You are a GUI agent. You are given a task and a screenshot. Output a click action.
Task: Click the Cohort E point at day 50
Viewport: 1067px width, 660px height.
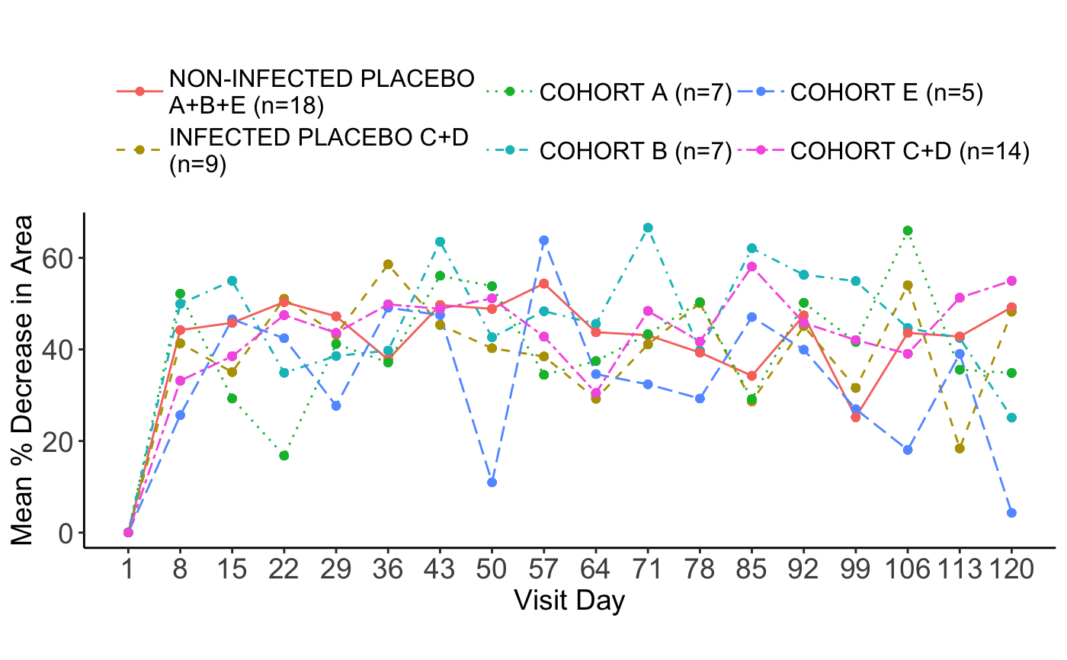tap(492, 482)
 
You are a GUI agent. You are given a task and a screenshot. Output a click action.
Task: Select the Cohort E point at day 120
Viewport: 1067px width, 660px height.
tap(1011, 513)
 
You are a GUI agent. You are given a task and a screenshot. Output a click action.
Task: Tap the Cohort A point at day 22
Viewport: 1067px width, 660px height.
tap(284, 456)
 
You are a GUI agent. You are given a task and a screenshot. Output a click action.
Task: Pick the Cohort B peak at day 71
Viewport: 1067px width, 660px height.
tap(648, 228)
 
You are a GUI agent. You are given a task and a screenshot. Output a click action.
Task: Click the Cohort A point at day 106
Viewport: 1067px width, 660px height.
tap(908, 230)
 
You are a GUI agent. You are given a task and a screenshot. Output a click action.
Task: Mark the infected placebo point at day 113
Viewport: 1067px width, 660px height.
tap(960, 448)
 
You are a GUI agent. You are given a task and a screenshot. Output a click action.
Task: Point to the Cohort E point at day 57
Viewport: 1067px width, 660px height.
tap(543, 240)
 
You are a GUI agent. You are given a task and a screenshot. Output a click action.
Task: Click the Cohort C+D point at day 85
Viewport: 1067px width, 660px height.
tap(751, 266)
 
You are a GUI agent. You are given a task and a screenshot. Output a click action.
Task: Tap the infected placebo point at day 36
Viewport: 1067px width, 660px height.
tap(388, 264)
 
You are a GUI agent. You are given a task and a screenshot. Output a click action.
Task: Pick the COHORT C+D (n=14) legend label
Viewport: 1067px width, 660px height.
tap(910, 152)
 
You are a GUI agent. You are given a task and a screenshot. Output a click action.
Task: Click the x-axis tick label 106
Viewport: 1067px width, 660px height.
tap(908, 569)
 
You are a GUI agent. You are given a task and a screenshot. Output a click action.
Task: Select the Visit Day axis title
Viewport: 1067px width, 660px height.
tap(569, 601)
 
